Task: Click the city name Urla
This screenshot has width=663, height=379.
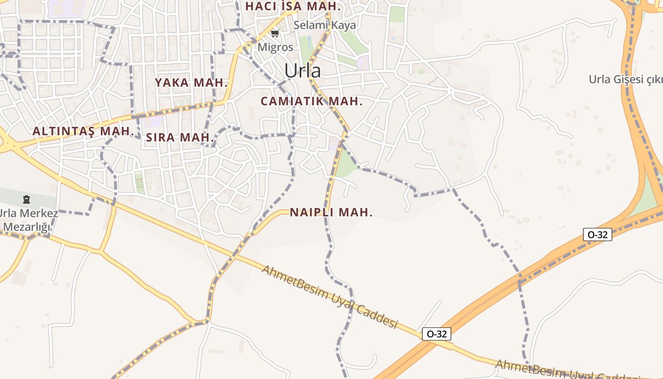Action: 302,71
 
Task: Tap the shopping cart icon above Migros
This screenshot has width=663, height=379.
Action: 275,33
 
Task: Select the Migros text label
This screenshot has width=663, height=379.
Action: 275,47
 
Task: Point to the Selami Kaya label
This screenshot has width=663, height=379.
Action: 324,25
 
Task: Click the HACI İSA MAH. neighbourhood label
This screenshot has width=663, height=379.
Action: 293,7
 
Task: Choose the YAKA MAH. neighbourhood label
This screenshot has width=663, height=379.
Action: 191,82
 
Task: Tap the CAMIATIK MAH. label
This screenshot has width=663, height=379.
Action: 311,101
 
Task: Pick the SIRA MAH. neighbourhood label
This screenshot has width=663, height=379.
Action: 180,138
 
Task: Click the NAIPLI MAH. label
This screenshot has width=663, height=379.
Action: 331,212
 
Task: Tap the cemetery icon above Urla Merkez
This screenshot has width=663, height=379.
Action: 27,200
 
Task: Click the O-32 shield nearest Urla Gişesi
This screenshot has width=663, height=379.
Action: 597,234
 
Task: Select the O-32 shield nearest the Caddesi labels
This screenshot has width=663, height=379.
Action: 436,334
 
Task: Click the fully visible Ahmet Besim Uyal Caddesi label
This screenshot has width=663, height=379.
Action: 329,297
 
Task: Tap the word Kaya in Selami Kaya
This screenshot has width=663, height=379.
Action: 343,25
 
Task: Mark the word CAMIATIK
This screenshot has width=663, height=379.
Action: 292,101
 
